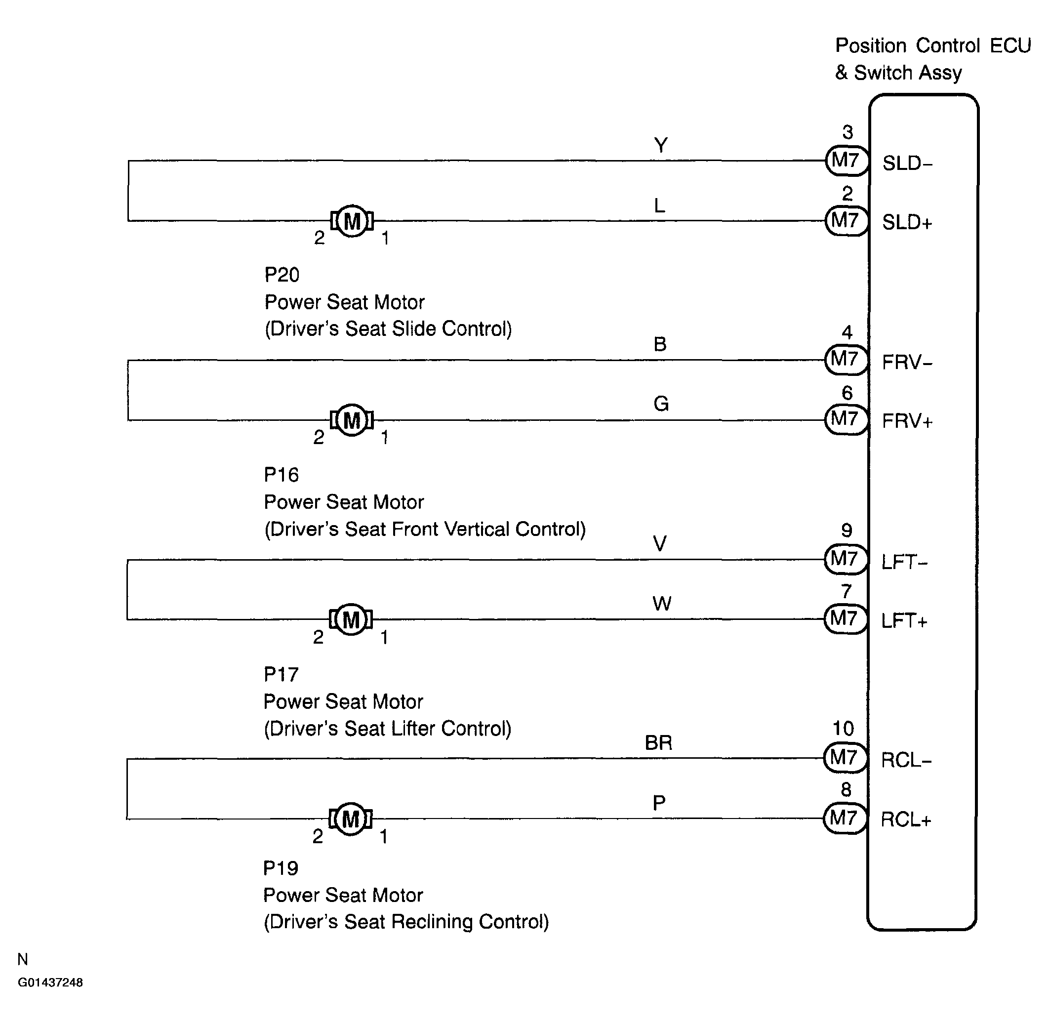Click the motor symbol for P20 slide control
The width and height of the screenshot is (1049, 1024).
tap(352, 220)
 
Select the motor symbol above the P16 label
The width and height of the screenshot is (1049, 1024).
tap(352, 420)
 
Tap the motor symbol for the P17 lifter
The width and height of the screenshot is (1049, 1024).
tap(351, 619)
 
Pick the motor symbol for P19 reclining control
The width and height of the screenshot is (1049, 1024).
tap(351, 819)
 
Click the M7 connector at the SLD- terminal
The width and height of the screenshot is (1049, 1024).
tap(847, 160)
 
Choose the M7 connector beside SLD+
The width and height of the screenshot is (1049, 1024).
tap(847, 220)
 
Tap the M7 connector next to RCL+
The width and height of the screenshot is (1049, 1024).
tap(845, 819)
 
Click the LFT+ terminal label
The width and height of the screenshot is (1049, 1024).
tap(904, 622)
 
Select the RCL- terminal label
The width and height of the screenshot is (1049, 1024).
tap(906, 761)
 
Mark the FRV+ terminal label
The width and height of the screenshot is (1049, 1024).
tap(907, 421)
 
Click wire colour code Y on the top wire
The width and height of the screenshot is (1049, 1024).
tap(661, 145)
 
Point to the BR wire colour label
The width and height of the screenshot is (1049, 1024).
tap(659, 743)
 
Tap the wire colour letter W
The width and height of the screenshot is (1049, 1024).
tap(662, 604)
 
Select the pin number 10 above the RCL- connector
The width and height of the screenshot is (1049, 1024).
tap(843, 729)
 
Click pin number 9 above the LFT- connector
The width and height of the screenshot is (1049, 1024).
tap(847, 531)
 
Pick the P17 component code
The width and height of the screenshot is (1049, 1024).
tap(281, 674)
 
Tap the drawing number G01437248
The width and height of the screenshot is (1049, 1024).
tap(50, 983)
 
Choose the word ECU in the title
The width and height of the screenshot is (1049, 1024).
tap(1010, 46)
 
